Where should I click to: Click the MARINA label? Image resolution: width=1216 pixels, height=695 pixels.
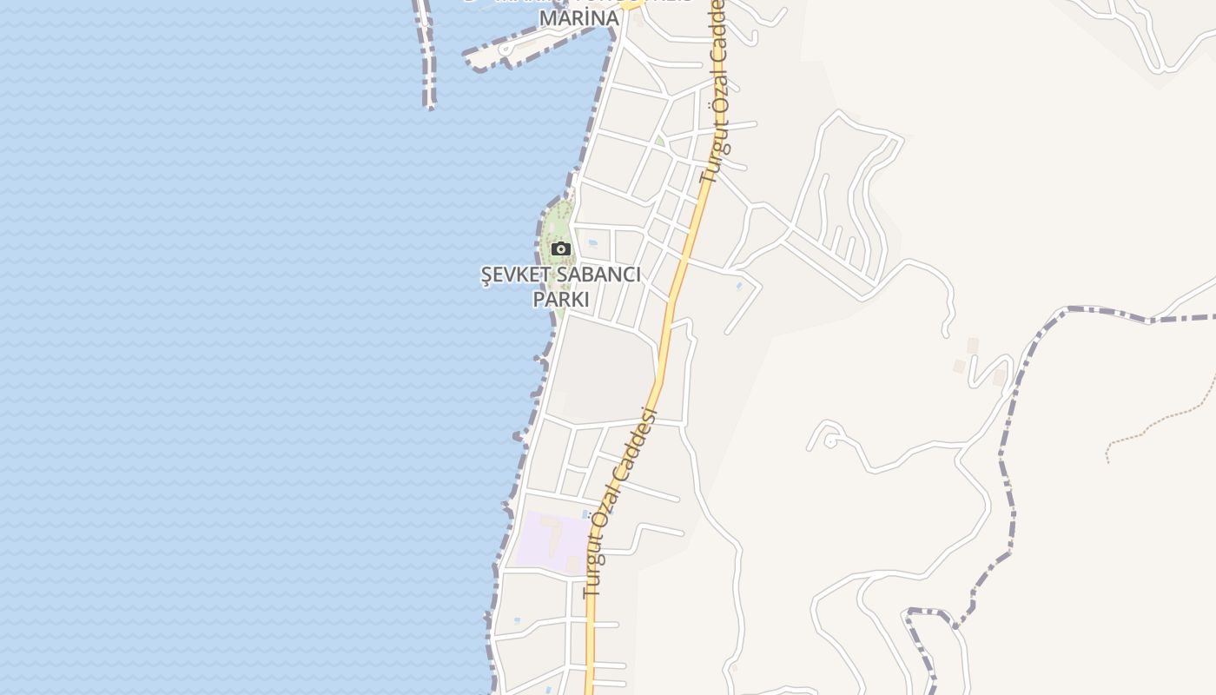click(x=579, y=18)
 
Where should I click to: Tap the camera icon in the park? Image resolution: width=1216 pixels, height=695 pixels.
click(x=561, y=249)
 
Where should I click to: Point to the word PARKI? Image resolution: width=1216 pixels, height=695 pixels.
click(x=560, y=300)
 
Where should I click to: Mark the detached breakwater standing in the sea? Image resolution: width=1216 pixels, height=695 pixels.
click(x=426, y=52)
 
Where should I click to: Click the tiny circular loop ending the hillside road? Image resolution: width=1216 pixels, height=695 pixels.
click(x=829, y=441)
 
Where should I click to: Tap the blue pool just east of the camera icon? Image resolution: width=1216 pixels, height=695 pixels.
click(x=593, y=244)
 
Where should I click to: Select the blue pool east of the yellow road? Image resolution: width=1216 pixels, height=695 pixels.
click(x=739, y=285)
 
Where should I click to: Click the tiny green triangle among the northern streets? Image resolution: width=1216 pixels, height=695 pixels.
click(x=660, y=141)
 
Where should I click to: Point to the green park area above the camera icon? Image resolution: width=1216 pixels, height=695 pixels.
click(x=560, y=217)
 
